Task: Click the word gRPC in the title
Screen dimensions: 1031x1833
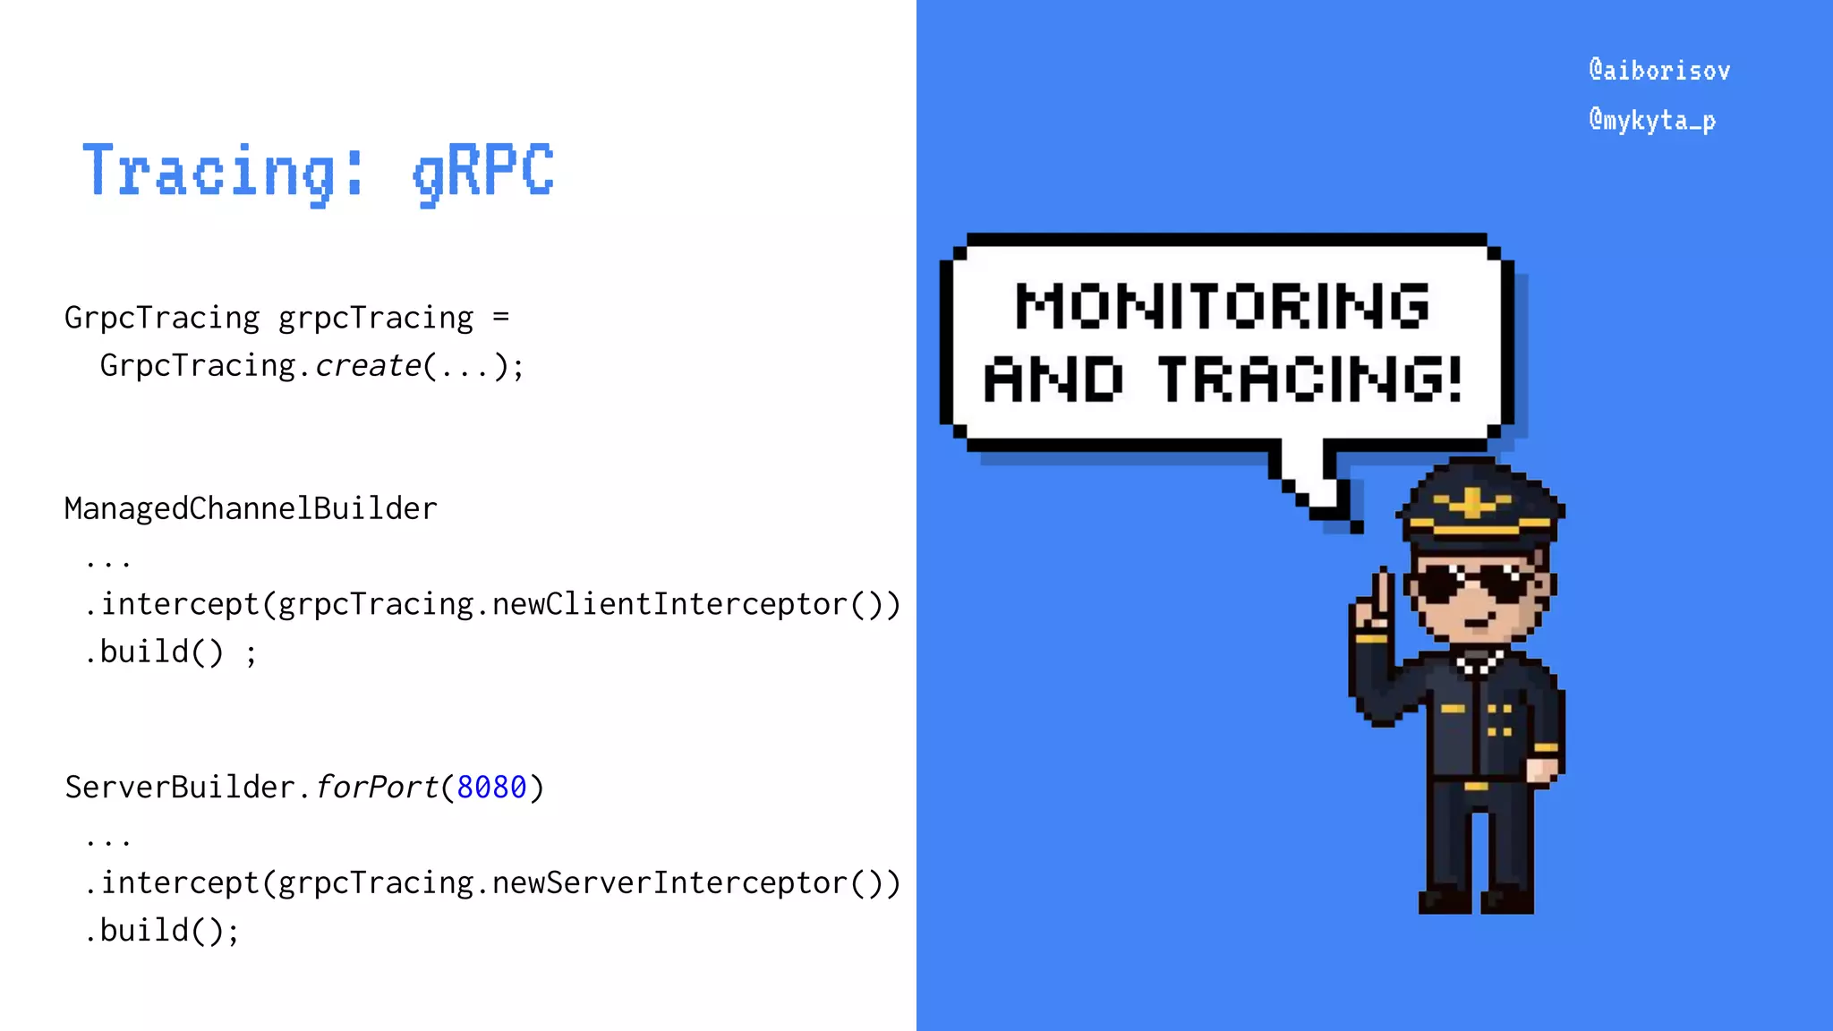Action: [483, 172]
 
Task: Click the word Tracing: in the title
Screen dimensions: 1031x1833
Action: [224, 172]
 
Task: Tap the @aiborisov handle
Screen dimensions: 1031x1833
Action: [1659, 71]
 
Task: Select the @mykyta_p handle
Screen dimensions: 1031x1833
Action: [1652, 120]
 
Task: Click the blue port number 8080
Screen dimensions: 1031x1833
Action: [491, 788]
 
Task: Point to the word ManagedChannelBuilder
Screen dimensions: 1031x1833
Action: [251, 508]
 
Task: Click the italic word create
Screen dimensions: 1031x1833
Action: [368, 366]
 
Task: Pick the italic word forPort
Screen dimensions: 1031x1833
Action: [376, 788]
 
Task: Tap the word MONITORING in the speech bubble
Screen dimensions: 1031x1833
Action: [1223, 306]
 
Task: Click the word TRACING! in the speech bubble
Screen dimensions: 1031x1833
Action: [1310, 379]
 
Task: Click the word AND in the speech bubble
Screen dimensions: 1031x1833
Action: [1053, 379]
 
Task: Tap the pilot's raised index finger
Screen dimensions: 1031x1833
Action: [1385, 591]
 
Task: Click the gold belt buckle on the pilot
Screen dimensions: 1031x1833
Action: [1477, 787]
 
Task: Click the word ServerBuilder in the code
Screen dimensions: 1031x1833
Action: [179, 788]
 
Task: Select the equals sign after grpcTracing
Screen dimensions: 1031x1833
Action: [500, 318]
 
